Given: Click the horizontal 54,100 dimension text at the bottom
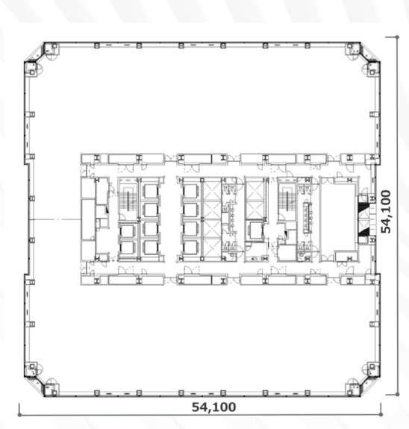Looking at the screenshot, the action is [213, 407].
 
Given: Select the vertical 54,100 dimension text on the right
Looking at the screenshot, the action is [387, 211].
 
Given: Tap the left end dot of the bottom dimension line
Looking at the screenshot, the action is [19, 415].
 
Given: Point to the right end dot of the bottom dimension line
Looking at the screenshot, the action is [381, 415].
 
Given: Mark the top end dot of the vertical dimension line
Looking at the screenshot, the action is [397, 37].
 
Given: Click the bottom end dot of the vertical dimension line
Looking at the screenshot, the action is [397, 394].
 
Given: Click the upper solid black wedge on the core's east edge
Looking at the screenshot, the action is [363, 207].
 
